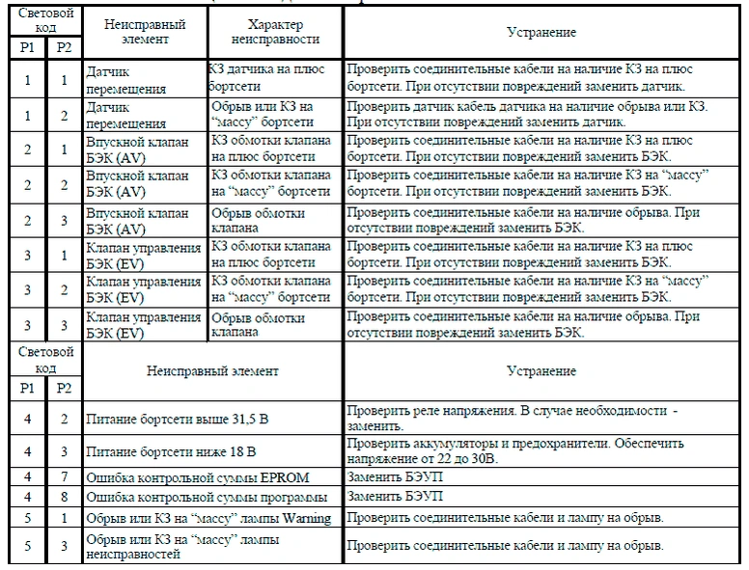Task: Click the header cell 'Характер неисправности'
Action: pos(275,33)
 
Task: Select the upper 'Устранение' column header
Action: pos(541,33)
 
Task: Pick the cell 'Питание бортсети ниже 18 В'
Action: pos(170,451)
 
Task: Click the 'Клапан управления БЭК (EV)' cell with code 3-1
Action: pos(142,255)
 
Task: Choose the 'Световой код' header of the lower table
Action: pos(45,360)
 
